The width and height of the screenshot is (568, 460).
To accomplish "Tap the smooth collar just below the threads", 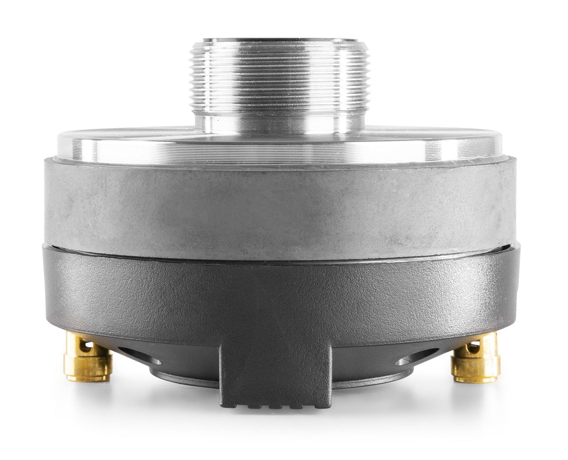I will (279, 121).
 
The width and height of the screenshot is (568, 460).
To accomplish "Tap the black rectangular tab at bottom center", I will (275, 373).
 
